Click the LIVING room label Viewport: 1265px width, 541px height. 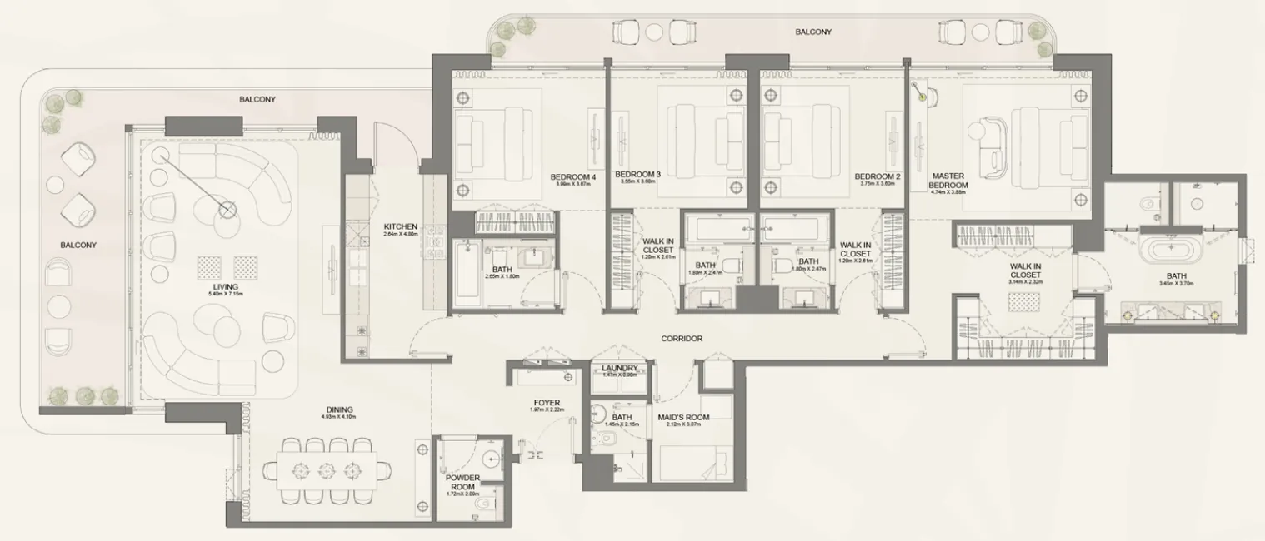pyautogui.click(x=225, y=287)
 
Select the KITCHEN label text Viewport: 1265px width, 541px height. pyautogui.click(x=400, y=226)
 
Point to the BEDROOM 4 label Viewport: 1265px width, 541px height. pyautogui.click(x=573, y=177)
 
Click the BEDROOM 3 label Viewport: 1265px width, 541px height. pyautogui.click(x=637, y=175)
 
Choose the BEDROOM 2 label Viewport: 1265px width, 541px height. pyautogui.click(x=877, y=177)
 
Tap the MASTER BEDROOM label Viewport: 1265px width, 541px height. pyautogui.click(x=948, y=181)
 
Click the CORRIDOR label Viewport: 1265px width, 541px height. pyautogui.click(x=682, y=339)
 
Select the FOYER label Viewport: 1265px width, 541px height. pyautogui.click(x=547, y=404)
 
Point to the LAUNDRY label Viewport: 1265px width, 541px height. pyautogui.click(x=619, y=368)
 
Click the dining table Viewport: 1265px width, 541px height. pyautogui.click(x=327, y=472)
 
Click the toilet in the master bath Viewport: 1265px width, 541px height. pyautogui.click(x=1149, y=201)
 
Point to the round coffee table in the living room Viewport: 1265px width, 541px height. pyautogui.click(x=227, y=209)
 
